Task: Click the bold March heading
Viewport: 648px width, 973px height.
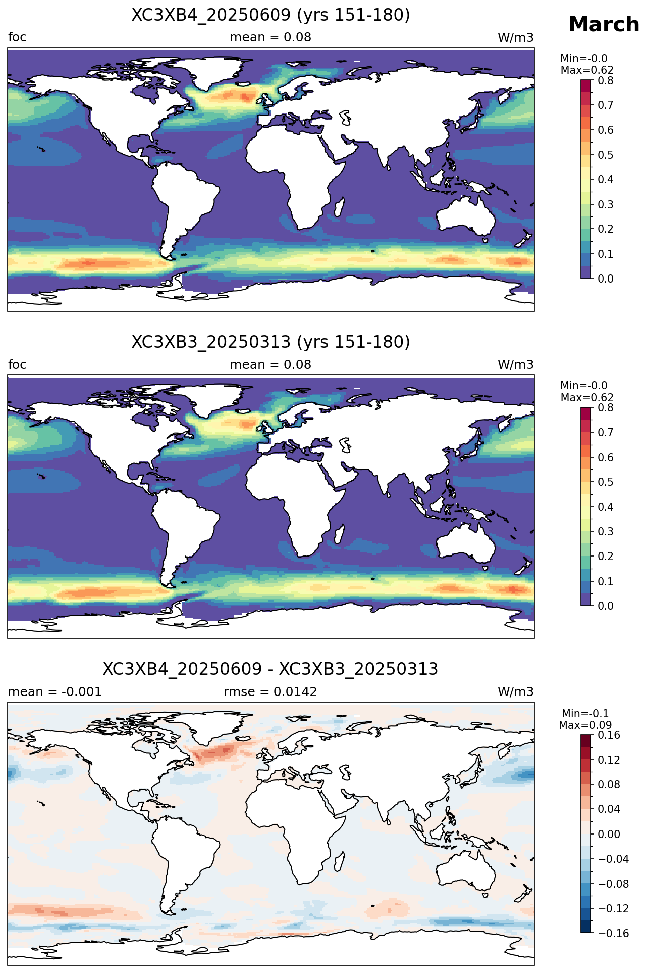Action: [x=604, y=24]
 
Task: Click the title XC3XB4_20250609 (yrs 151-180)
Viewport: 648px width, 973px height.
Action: [x=271, y=15]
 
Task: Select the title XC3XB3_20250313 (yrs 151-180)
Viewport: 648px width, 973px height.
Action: [x=271, y=342]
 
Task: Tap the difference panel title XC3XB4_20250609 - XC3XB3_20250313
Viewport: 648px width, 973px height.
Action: [x=271, y=669]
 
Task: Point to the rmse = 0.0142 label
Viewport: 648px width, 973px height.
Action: [x=270, y=692]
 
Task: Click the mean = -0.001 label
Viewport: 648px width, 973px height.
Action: [x=55, y=692]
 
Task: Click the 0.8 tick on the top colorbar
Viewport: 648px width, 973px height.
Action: [x=606, y=80]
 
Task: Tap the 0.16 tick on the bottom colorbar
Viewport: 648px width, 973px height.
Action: [x=609, y=735]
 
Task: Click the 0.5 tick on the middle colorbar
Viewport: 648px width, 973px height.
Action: [x=606, y=482]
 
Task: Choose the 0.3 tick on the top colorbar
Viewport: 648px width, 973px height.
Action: [x=606, y=204]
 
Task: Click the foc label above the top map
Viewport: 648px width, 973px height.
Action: [x=17, y=37]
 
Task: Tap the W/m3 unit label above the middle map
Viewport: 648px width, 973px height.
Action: [x=515, y=365]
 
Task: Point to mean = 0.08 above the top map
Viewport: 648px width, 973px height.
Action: [x=270, y=37]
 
